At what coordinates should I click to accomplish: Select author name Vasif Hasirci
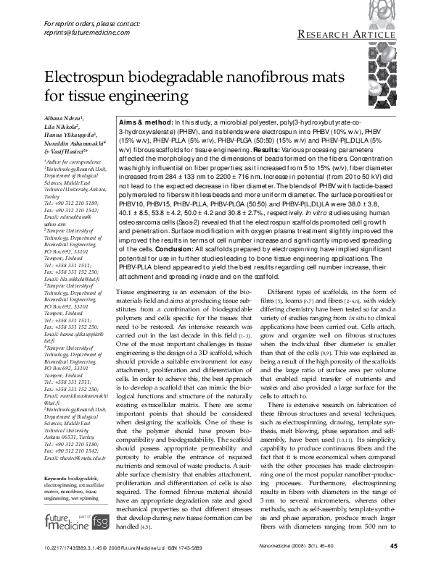(64, 152)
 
